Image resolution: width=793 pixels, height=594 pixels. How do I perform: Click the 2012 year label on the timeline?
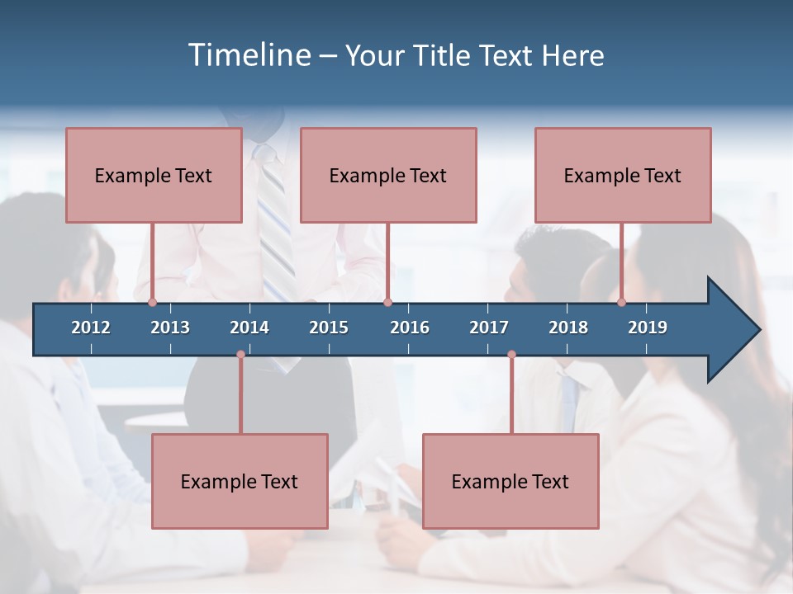click(91, 328)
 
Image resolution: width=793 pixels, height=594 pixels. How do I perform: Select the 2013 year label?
click(170, 328)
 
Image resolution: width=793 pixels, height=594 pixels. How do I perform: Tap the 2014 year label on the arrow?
click(249, 328)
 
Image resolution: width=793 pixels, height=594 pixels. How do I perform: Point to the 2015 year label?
click(329, 328)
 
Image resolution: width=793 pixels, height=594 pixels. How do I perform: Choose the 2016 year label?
click(410, 328)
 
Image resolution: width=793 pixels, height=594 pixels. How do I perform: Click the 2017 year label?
click(489, 328)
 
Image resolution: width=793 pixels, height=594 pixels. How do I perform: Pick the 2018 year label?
click(568, 328)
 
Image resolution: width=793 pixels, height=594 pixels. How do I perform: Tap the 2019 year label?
click(648, 328)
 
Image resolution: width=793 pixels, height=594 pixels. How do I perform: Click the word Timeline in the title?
click(249, 55)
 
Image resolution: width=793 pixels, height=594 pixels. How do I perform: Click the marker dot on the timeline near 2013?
click(152, 303)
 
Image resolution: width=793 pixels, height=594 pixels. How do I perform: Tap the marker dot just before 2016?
click(387, 303)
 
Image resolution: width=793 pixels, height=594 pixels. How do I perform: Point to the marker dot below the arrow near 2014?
click(240, 355)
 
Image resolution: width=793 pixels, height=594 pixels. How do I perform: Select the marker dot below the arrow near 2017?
click(511, 355)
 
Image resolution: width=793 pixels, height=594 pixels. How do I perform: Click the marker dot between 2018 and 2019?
click(621, 303)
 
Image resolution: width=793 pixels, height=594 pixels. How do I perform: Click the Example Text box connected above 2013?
click(154, 175)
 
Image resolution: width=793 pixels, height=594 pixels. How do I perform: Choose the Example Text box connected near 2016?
click(388, 175)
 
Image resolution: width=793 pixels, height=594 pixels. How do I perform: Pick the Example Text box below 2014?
click(240, 481)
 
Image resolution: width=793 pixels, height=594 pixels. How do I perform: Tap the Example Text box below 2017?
click(510, 481)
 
